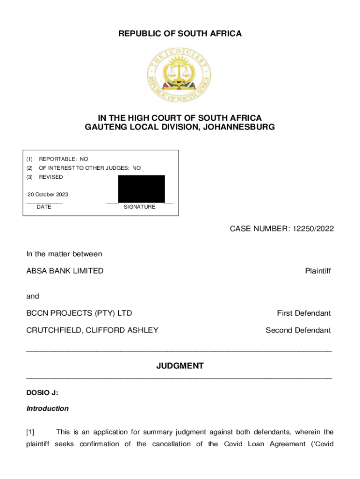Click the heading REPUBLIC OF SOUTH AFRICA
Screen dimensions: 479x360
pyautogui.click(x=180, y=34)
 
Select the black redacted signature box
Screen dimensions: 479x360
pyautogui.click(x=141, y=189)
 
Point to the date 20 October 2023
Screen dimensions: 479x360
pyautogui.click(x=48, y=195)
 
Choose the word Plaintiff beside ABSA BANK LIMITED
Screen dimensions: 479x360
pyautogui.click(x=318, y=271)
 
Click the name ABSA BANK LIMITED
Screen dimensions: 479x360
pyautogui.click(x=65, y=271)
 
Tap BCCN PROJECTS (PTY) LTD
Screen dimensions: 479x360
pyautogui.click(x=79, y=313)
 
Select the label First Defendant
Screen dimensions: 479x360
pyautogui.click(x=304, y=313)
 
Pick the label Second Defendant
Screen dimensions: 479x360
pyautogui.click(x=298, y=330)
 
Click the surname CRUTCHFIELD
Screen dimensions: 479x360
pyautogui.click(x=54, y=330)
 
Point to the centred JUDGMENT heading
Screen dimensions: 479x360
pyautogui.click(x=180, y=366)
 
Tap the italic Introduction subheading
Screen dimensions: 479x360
pyautogui.click(x=48, y=408)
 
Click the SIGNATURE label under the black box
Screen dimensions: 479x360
pyautogui.click(x=139, y=207)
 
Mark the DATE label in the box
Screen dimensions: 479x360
pyautogui.click(x=44, y=207)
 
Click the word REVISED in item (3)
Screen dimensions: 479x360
pyautogui.click(x=50, y=177)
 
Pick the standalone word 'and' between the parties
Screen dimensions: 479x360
pyautogui.click(x=33, y=296)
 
